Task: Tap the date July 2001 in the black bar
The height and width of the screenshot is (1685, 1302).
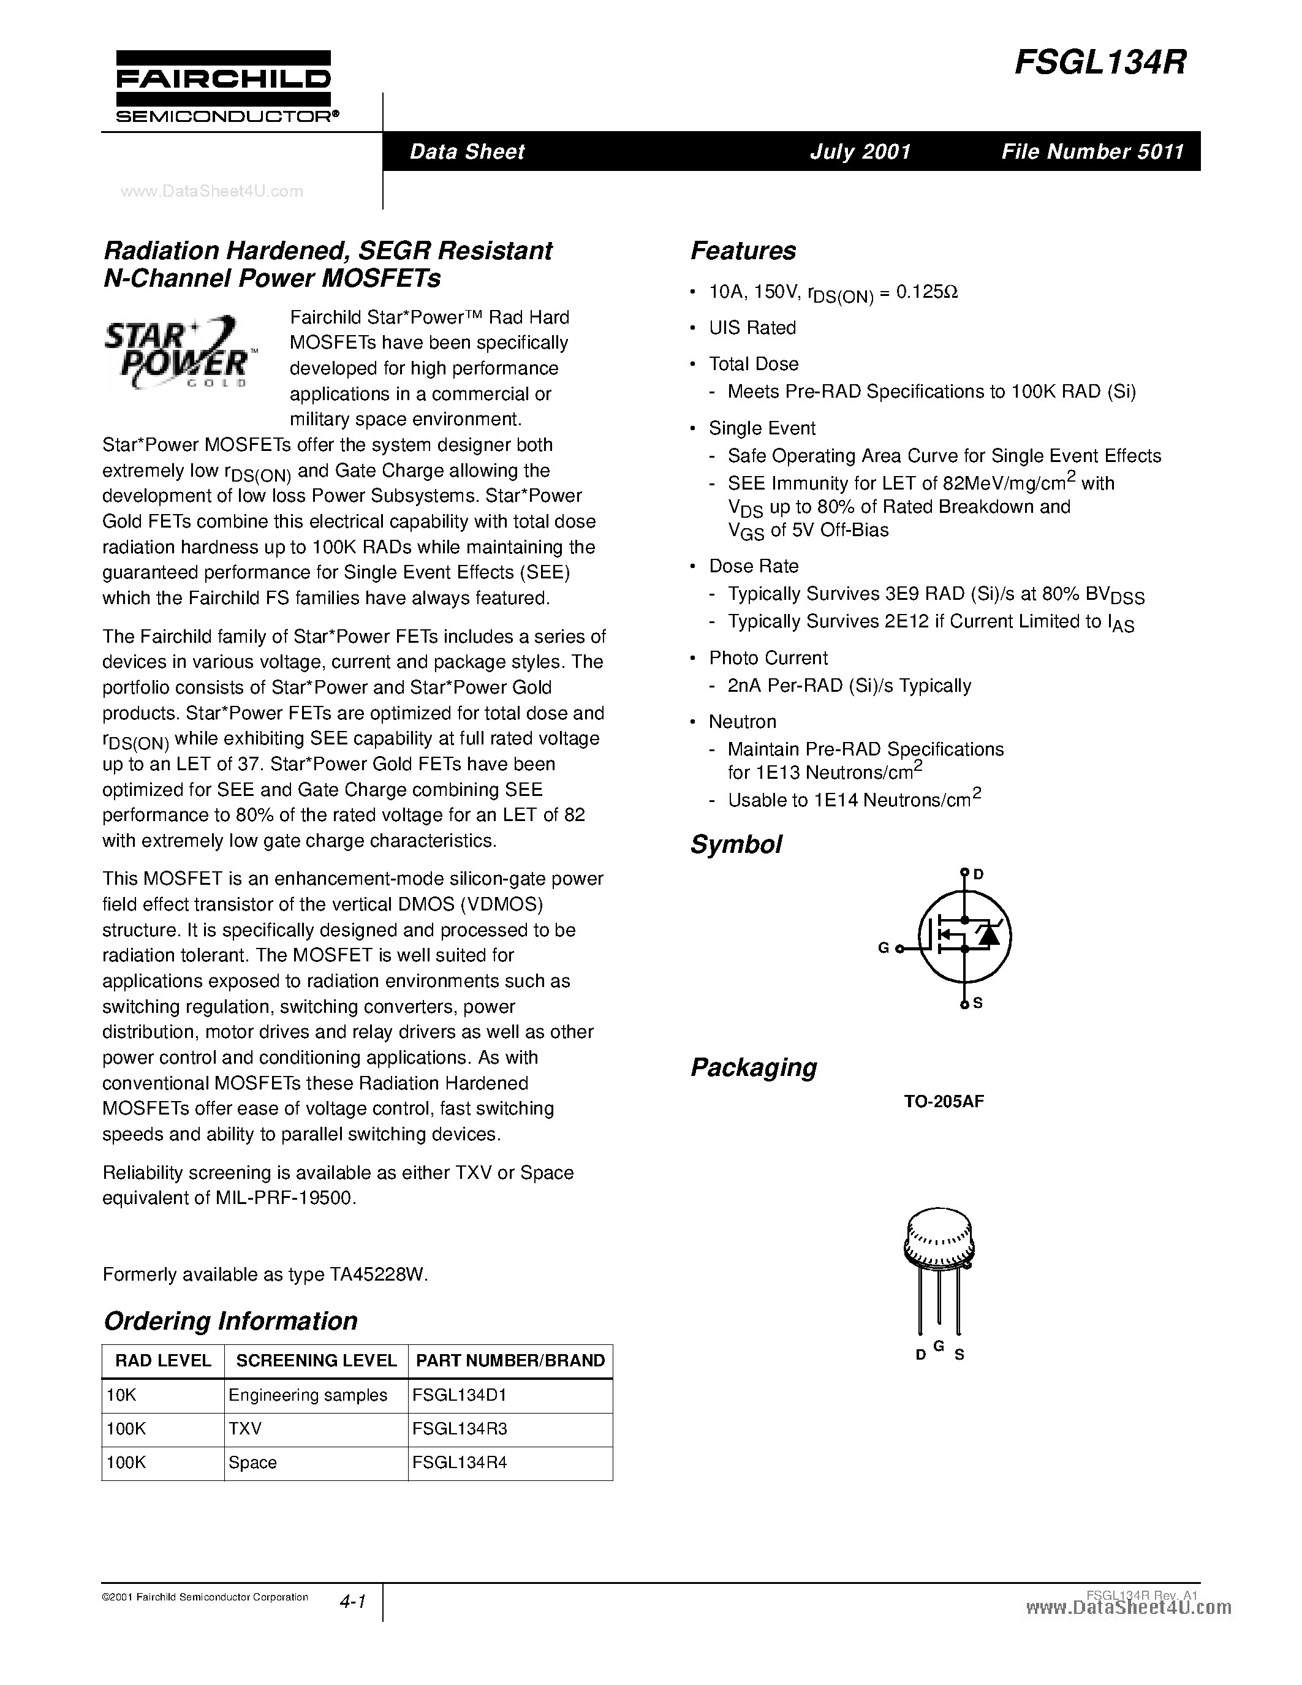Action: click(x=860, y=151)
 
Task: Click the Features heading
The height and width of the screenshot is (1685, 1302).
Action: click(x=743, y=251)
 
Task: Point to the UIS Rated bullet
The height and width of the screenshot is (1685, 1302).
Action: click(x=752, y=328)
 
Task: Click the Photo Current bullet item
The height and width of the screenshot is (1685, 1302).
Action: click(x=768, y=658)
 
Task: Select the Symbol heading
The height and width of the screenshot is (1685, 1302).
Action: click(x=736, y=844)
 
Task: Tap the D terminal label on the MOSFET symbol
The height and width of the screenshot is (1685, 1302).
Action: click(x=978, y=874)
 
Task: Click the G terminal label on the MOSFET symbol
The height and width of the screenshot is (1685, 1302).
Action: click(x=884, y=949)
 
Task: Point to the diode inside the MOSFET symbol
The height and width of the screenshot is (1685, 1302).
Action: click(x=987, y=936)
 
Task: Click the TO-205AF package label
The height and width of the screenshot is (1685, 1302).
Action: click(x=944, y=1102)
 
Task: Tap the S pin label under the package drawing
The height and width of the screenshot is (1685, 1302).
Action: click(x=959, y=1355)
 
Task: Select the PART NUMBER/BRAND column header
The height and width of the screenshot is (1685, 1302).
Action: click(x=510, y=1361)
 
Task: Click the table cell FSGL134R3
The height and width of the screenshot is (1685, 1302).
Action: click(x=460, y=1429)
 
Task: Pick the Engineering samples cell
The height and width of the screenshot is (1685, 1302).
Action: click(x=308, y=1395)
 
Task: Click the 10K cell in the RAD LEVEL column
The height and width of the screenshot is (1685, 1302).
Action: click(x=122, y=1395)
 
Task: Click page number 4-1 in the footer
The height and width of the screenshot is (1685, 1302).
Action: click(x=352, y=1602)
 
